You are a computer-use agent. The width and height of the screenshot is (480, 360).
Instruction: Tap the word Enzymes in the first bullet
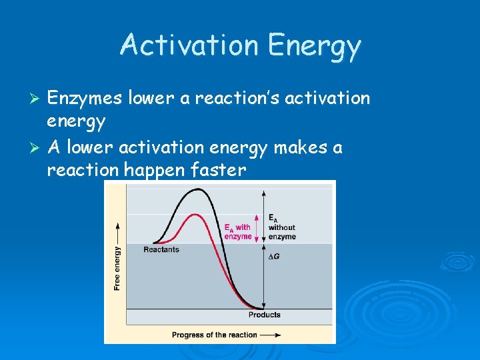[84, 99]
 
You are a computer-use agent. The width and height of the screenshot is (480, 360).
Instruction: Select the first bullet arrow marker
[37, 99]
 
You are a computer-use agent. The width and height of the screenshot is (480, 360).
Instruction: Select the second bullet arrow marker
[37, 147]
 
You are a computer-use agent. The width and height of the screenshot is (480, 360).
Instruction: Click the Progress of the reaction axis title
[214, 335]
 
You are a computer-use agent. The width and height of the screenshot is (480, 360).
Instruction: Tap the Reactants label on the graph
[161, 249]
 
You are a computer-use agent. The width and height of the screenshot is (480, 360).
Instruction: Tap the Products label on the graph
[265, 315]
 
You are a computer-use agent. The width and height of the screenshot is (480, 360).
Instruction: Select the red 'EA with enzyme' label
[238, 231]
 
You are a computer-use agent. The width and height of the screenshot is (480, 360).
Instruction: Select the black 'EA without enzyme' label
[281, 227]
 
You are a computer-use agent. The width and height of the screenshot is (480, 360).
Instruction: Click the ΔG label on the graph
[274, 256]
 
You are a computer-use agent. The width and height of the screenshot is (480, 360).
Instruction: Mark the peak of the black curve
[197, 189]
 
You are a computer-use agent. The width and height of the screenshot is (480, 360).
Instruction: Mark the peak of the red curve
[194, 215]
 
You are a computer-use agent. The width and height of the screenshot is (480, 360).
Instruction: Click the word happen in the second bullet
[156, 170]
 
